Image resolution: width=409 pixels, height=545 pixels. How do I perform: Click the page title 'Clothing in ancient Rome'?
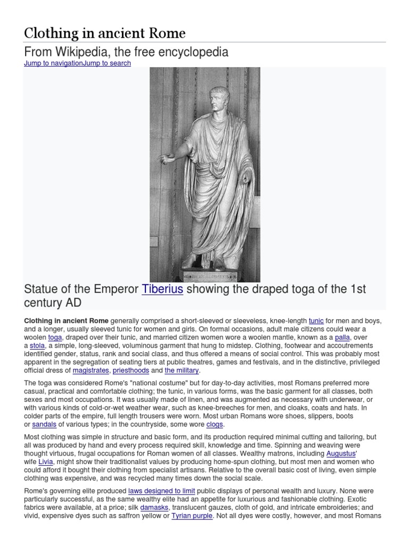pyautogui.click(x=105, y=34)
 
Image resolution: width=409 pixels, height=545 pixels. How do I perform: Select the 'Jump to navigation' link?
pyautogui.click(x=53, y=63)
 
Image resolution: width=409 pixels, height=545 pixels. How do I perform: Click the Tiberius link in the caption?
pyautogui.click(x=162, y=289)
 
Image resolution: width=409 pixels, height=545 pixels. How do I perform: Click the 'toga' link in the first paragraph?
pyautogui.click(x=55, y=338)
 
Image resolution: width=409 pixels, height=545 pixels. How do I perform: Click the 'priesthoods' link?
pyautogui.click(x=130, y=370)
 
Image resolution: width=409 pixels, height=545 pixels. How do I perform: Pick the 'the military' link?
pyautogui.click(x=181, y=370)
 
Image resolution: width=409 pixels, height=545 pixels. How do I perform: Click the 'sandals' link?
pyautogui.click(x=43, y=425)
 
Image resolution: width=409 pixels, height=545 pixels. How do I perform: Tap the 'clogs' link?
pyautogui.click(x=215, y=425)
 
